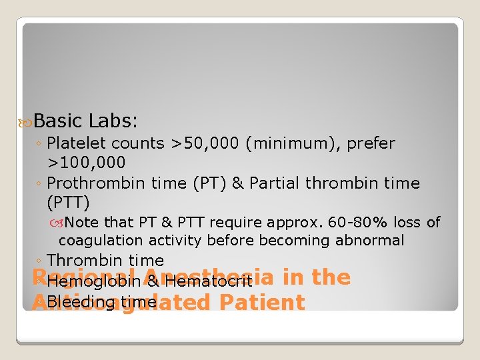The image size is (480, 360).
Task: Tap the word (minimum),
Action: (x=291, y=143)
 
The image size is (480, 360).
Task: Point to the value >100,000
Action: (x=86, y=163)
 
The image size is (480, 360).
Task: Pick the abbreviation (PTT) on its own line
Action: (x=68, y=202)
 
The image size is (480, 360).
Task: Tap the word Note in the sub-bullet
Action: (x=81, y=223)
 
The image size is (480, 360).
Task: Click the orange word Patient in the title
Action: (x=261, y=302)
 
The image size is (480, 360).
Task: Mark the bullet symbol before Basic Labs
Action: (x=26, y=121)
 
